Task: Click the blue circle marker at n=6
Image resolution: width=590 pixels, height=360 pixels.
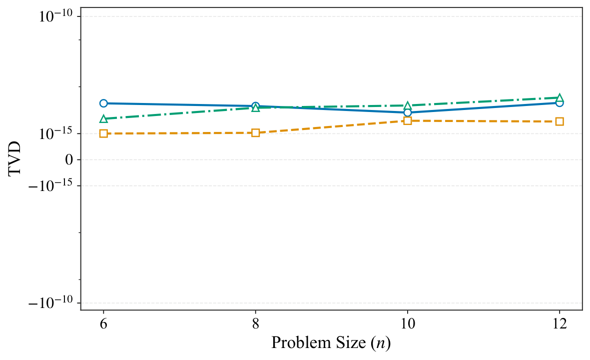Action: click(x=103, y=103)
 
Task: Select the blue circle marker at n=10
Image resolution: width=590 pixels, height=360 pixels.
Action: click(x=408, y=112)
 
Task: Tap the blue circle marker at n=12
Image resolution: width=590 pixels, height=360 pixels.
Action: click(x=560, y=102)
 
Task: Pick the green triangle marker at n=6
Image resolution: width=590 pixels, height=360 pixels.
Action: click(x=103, y=118)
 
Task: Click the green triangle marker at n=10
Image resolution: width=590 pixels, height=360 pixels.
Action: click(x=408, y=105)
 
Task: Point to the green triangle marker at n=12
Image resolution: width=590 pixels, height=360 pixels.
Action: click(x=560, y=97)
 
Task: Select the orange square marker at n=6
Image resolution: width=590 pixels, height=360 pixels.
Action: click(x=103, y=133)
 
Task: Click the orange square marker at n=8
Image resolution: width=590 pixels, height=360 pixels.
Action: click(x=255, y=132)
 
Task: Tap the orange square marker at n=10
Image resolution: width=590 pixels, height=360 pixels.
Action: click(x=408, y=120)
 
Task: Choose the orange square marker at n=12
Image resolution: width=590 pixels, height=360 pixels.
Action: click(x=560, y=121)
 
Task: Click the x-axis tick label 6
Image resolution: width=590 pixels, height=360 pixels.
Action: click(x=103, y=324)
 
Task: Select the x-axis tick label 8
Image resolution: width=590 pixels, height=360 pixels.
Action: click(x=255, y=324)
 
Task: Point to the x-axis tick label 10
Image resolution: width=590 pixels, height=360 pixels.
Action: click(x=408, y=324)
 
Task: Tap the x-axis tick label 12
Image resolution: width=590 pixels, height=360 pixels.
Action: click(x=560, y=324)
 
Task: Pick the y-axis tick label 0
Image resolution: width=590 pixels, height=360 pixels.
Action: click(x=69, y=159)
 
